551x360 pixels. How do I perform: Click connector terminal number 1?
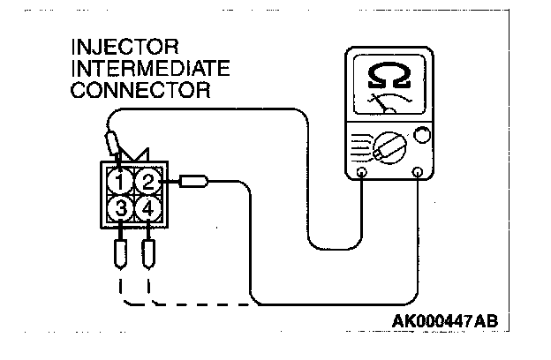pyautogui.click(x=119, y=183)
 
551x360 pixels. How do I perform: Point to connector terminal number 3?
pyautogui.click(x=119, y=212)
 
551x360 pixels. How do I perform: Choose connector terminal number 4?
pyautogui.click(x=148, y=212)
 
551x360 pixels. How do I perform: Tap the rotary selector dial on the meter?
pyautogui.click(x=388, y=146)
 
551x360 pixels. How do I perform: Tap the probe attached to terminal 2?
pyautogui.click(x=193, y=183)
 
